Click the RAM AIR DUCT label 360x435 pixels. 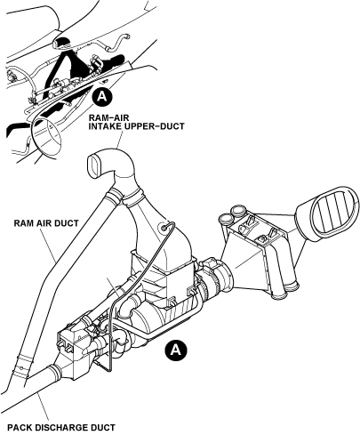[46, 223]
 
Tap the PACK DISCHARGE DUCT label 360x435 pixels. [61, 428]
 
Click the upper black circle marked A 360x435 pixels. [101, 96]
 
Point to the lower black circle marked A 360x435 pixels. [176, 350]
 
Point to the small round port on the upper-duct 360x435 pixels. [164, 228]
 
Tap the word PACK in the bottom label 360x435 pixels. [20, 428]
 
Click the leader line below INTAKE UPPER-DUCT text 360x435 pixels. [120, 140]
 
